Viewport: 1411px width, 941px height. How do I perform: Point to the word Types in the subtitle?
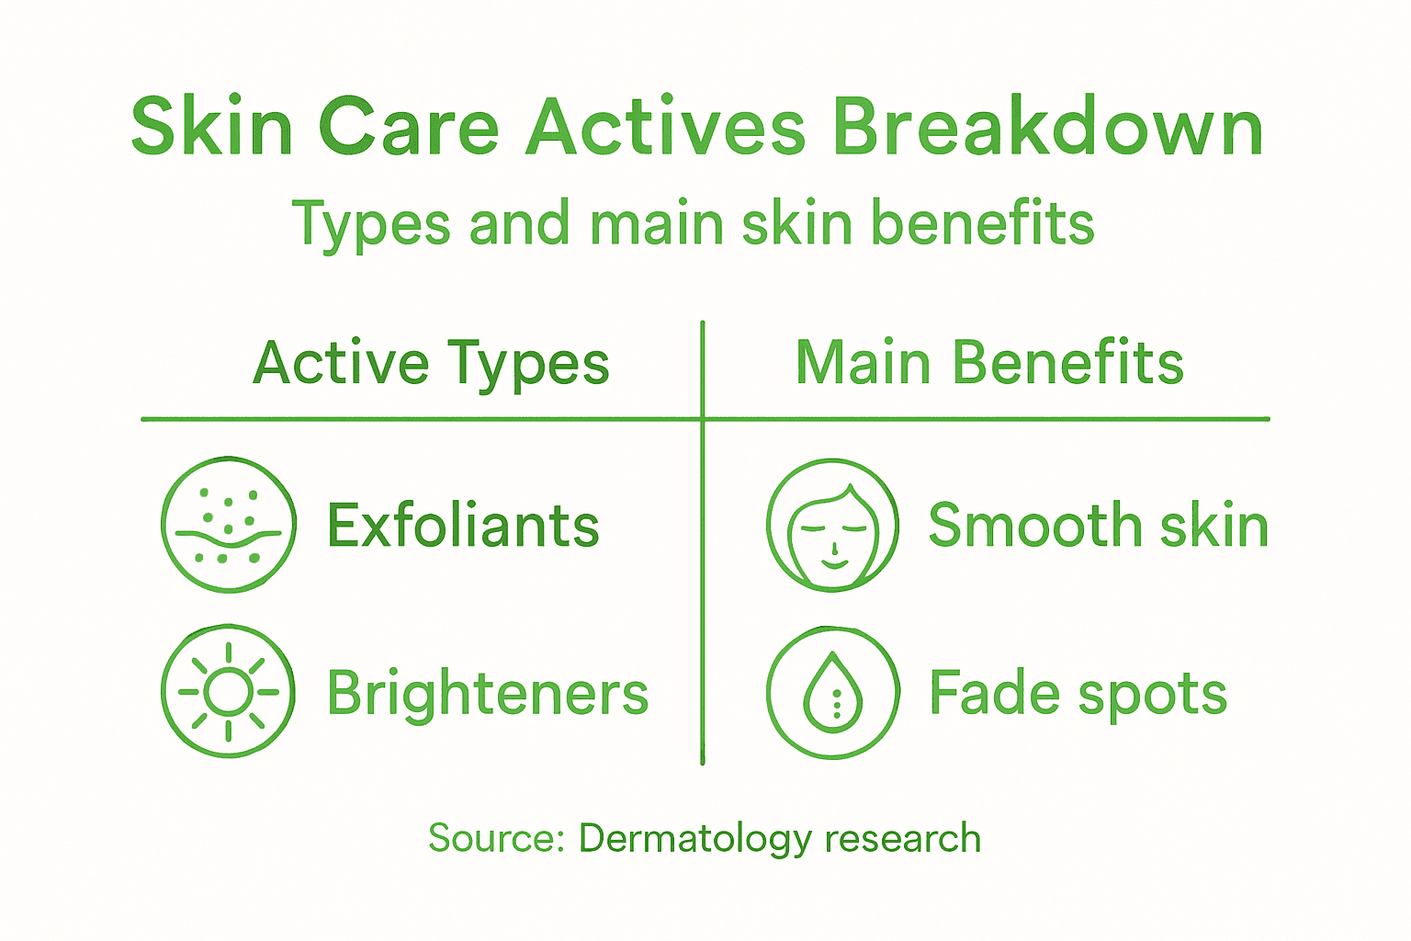[371, 225]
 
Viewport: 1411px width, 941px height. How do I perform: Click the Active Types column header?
[431, 364]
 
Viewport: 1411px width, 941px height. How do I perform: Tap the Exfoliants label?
[463, 526]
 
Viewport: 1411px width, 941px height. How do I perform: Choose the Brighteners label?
[487, 693]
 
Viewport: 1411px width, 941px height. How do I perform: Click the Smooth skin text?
[1098, 526]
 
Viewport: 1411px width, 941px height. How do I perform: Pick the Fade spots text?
[1078, 693]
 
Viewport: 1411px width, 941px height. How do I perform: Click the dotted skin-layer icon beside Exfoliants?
[229, 525]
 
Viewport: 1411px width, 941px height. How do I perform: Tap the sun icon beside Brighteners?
[229, 691]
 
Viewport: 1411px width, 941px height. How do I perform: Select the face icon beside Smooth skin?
[832, 525]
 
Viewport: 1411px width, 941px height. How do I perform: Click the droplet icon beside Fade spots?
[832, 693]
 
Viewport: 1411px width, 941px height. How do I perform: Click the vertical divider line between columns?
[703, 588]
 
